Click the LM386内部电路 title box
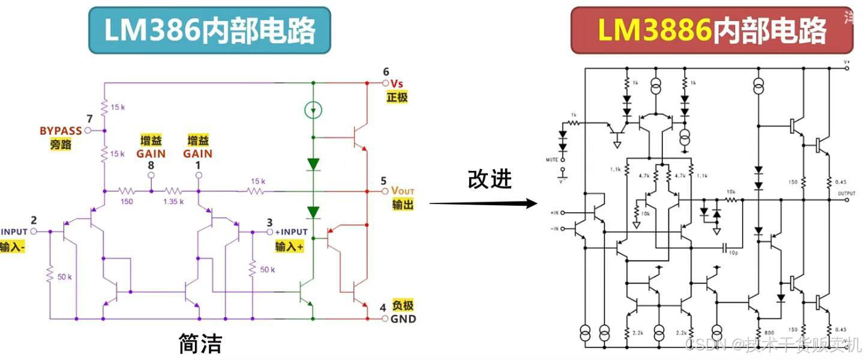[209, 31]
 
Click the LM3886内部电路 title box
[712, 31]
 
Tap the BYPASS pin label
[61, 130]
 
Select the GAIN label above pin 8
[151, 153]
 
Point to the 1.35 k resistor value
[175, 202]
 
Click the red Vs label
[397, 83]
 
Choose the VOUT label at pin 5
[403, 191]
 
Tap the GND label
[403, 319]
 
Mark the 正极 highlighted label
[397, 97]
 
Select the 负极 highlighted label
[403, 305]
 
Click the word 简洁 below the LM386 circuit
[200, 344]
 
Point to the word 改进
[490, 179]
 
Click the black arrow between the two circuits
[483, 203]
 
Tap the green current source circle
[313, 110]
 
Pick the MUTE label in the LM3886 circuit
[552, 160]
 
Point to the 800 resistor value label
[770, 332]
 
